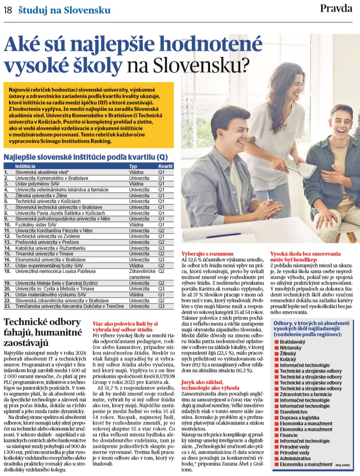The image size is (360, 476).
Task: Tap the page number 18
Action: pos(8,10)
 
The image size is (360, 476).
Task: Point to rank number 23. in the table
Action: pos(7,306)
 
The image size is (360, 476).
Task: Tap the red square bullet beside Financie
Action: pos(276,435)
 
